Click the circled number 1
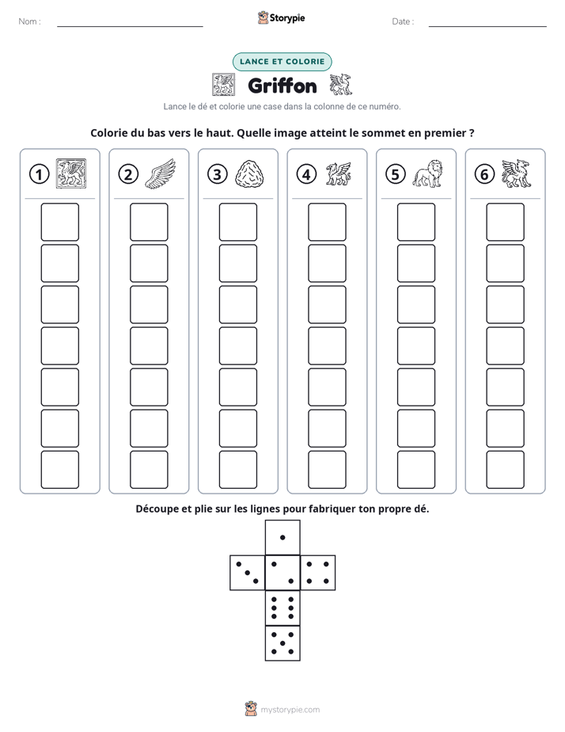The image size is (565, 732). pos(39,174)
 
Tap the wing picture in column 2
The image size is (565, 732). pos(161,173)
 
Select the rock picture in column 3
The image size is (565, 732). pos(249,174)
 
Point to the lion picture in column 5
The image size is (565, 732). pos(427,173)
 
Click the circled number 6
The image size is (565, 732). pos(484,174)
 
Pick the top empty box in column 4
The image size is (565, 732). pos(327,222)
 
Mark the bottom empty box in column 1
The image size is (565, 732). pos(59,470)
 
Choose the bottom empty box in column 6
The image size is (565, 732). pos(505,470)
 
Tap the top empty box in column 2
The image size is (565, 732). pos(149,222)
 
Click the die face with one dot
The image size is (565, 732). pos(282,537)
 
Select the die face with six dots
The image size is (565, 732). pos(282,608)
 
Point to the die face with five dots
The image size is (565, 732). pos(282,643)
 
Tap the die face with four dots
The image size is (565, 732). pos(318,573)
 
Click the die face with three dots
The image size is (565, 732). pos(248,573)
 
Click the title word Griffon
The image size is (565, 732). pos(282,86)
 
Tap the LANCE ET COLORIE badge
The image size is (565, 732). pos(282,62)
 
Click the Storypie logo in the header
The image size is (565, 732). pos(281,17)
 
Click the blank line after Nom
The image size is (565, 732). pos(130,27)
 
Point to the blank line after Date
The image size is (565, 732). pos(487,27)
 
